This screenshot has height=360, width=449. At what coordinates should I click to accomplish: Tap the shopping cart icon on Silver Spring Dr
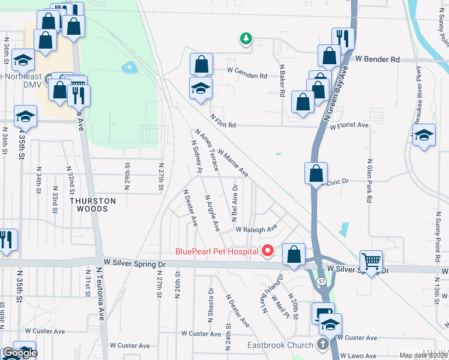(x=372, y=262)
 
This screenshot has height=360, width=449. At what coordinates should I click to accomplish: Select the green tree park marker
(x=246, y=39)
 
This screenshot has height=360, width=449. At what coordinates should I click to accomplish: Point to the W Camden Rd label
(x=246, y=76)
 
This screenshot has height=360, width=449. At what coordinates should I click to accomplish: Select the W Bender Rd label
(x=377, y=59)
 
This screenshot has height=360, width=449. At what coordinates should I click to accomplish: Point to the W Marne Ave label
(x=234, y=163)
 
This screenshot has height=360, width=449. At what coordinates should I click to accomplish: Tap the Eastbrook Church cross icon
(x=322, y=344)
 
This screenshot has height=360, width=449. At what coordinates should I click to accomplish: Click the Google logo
(x=20, y=353)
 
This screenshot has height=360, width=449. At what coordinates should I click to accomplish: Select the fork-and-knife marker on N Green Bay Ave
(x=343, y=37)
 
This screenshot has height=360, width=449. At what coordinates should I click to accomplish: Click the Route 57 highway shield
(x=323, y=281)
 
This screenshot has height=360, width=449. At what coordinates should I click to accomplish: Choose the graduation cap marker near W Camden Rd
(x=201, y=88)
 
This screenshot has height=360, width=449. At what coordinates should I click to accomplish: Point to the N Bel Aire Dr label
(x=235, y=201)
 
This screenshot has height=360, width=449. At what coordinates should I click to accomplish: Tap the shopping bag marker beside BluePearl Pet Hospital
(x=294, y=254)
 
